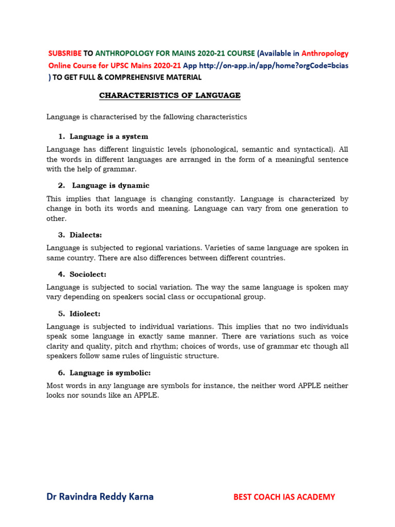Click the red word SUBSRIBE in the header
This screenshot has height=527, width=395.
(x=65, y=54)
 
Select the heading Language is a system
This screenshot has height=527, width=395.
(x=109, y=136)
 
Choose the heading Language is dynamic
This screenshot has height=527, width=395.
(x=111, y=185)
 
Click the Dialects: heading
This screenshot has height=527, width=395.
(x=87, y=235)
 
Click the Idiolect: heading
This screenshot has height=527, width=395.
(x=86, y=313)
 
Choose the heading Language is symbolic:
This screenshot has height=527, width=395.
(x=110, y=373)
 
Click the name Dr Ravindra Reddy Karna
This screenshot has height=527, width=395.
(x=100, y=497)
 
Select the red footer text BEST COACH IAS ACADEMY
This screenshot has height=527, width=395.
(x=284, y=497)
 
